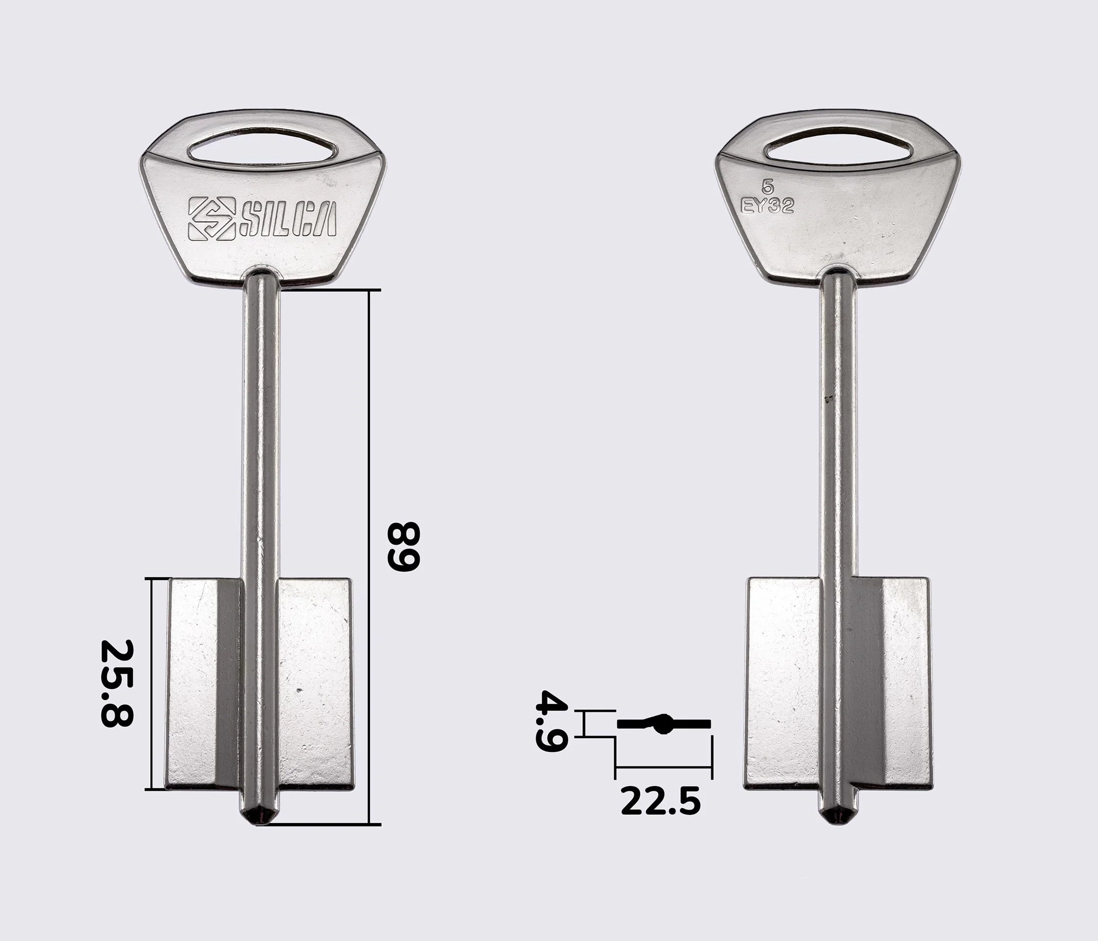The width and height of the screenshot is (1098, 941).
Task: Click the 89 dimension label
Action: [x=404, y=546]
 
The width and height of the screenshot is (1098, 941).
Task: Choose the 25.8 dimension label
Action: [x=117, y=683]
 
